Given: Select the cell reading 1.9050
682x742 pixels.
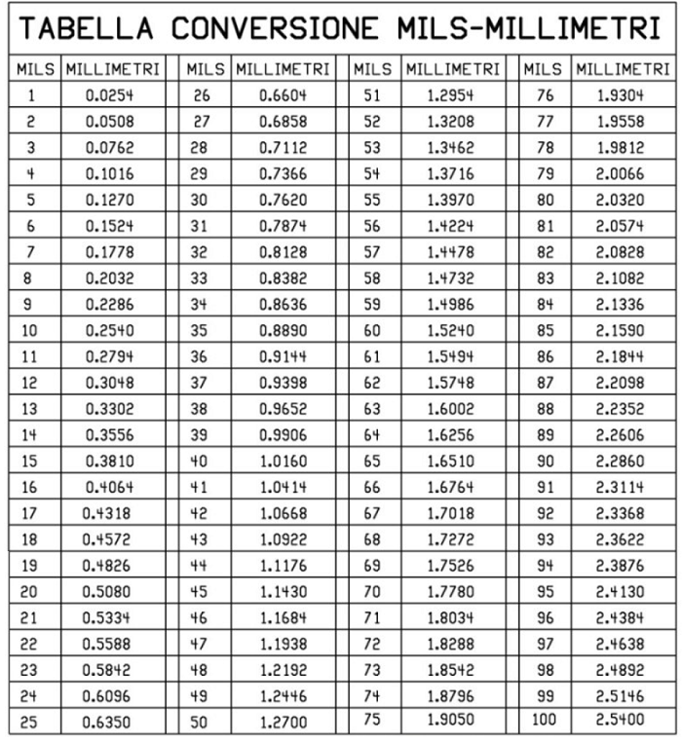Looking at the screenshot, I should pos(450,719).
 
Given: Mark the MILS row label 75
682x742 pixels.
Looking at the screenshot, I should pos(372,719).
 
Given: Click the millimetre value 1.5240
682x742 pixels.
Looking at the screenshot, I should pos(450,331).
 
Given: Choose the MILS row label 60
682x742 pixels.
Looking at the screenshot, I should pos(372,331).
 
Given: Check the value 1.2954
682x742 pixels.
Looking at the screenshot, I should pos(450,96).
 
